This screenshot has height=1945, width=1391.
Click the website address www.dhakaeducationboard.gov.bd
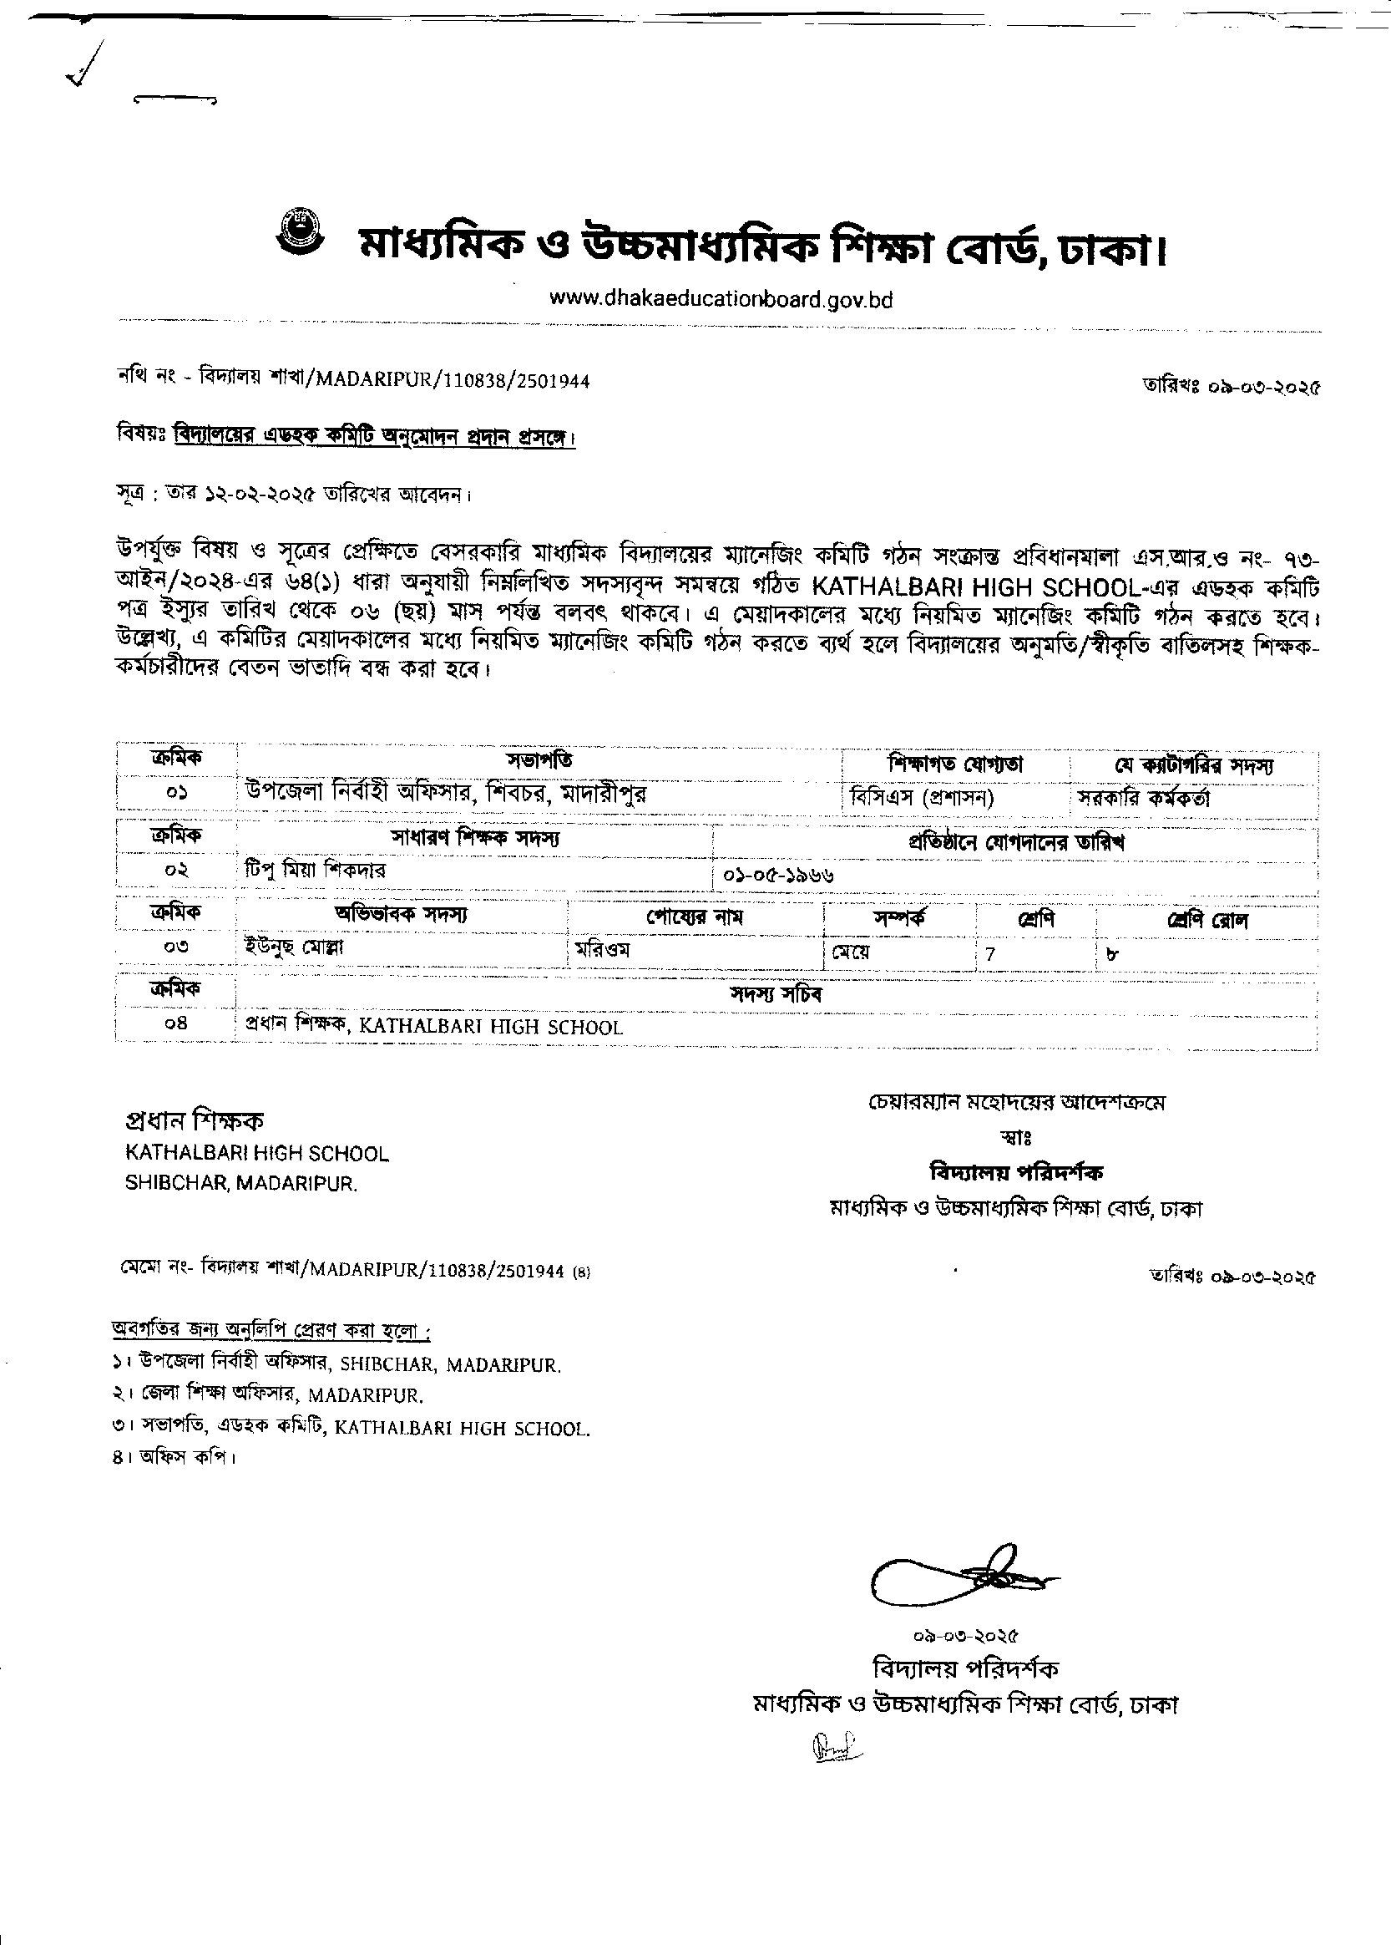[721, 299]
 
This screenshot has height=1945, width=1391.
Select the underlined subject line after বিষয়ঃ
[374, 435]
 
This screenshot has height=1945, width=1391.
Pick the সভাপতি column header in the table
[539, 760]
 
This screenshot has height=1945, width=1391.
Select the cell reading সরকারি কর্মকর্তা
[1144, 798]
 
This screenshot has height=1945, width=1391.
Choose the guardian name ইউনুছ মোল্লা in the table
[294, 947]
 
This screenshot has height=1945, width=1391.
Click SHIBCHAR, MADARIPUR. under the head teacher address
[240, 1183]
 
